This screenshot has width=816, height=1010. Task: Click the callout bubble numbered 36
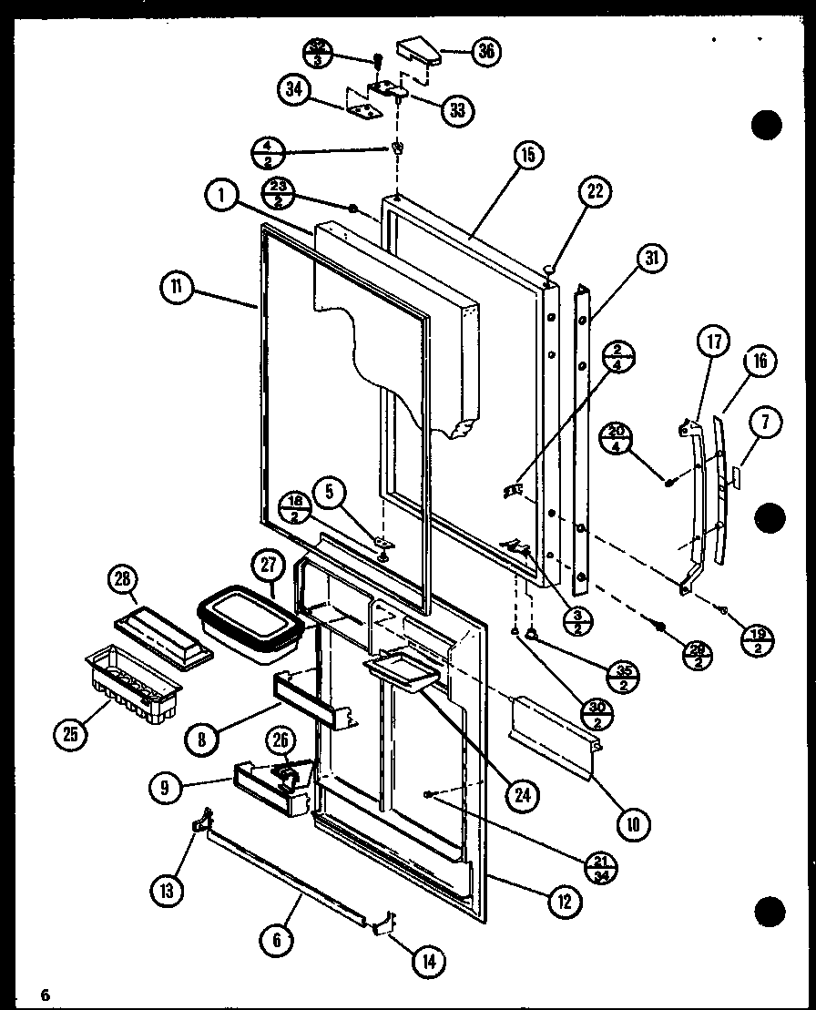tap(486, 52)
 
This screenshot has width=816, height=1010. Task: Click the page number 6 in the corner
tap(43, 992)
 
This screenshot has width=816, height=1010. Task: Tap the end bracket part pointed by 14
tap(386, 922)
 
